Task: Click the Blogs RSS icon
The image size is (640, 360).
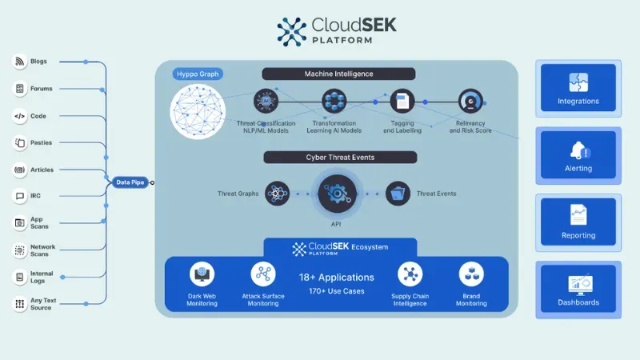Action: [x=20, y=62]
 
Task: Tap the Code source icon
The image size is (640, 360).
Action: [x=20, y=116]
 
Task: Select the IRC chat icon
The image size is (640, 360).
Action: [x=20, y=196]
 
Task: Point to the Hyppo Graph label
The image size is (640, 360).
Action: [x=197, y=74]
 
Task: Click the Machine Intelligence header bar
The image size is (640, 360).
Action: [x=338, y=74]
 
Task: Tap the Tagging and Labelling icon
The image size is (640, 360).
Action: [x=402, y=102]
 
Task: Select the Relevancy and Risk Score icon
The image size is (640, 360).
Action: [x=470, y=102]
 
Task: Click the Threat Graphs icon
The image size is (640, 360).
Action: [x=277, y=193]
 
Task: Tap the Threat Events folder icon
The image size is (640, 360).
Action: [x=398, y=193]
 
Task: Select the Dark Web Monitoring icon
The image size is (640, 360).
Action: [x=202, y=274]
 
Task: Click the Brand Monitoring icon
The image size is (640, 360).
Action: [x=471, y=274]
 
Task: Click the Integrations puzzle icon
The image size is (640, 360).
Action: [x=578, y=82]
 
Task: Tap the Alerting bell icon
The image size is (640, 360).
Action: [x=578, y=150]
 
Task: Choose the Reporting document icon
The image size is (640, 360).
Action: [x=578, y=215]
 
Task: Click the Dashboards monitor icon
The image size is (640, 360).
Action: [x=578, y=282]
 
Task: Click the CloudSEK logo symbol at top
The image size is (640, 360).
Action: [x=292, y=31]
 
